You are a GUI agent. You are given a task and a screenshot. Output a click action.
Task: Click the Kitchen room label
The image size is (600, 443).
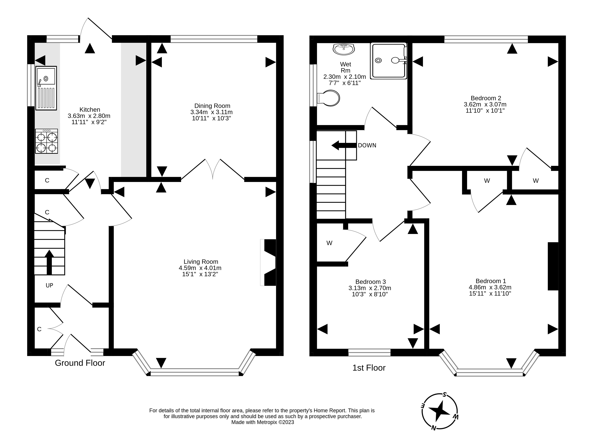click(90, 110)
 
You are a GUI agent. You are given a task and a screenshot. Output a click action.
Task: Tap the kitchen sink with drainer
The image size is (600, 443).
click(46, 88)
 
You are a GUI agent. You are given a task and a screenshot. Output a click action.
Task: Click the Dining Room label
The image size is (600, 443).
click(212, 106)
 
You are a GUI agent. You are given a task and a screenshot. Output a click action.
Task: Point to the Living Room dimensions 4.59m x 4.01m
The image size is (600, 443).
click(200, 268)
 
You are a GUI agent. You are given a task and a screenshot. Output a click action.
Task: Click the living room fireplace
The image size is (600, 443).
click(268, 263)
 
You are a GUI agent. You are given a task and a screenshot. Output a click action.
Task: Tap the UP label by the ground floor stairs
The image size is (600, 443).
click(49, 285)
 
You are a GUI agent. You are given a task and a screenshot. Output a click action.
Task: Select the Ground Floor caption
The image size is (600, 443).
click(80, 363)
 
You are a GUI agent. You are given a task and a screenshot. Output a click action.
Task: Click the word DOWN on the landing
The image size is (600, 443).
click(367, 145)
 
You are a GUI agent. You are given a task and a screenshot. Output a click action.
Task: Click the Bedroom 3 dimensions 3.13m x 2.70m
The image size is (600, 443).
click(370, 288)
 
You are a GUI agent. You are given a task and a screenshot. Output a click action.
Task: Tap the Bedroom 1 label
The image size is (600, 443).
click(491, 281)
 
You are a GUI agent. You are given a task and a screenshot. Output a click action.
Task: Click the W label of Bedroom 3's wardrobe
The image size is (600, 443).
click(330, 243)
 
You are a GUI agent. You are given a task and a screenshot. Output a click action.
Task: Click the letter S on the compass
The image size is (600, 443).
click(445, 394)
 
